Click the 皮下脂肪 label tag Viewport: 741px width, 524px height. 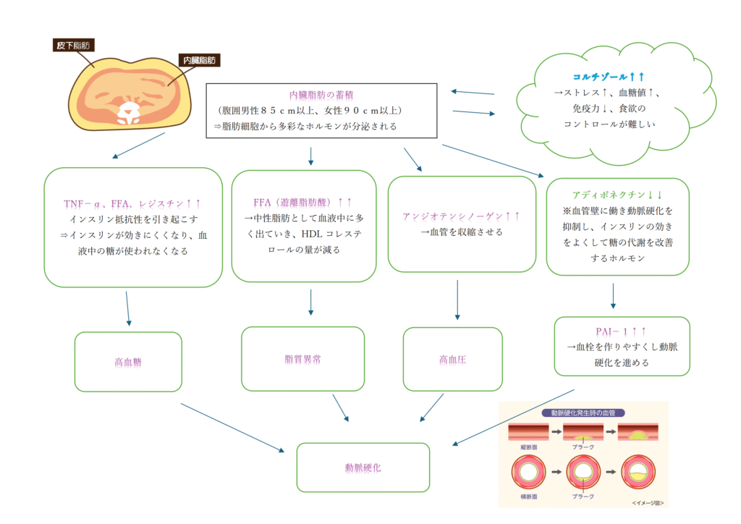pyautogui.click(x=75, y=46)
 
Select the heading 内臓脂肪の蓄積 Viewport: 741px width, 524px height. pyautogui.click(x=321, y=95)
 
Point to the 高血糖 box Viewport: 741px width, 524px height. pyautogui.click(x=128, y=362)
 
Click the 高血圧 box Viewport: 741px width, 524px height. pyautogui.click(x=452, y=359)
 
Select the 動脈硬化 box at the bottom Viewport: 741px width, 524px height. pyautogui.click(x=363, y=468)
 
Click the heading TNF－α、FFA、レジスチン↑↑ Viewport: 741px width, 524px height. pyautogui.click(x=132, y=203)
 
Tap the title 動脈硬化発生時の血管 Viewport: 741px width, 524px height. pyautogui.click(x=584, y=413)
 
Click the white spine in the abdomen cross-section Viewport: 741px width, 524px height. pyautogui.click(x=132, y=110)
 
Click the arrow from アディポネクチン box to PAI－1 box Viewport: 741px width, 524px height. pyautogui.click(x=614, y=295)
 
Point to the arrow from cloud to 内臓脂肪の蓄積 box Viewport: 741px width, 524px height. pyautogui.click(x=471, y=93)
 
